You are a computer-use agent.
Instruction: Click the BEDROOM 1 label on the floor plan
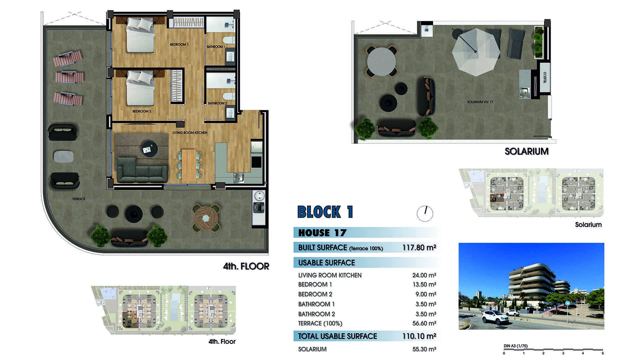(179, 44)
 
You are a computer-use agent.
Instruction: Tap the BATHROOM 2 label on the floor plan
(217, 103)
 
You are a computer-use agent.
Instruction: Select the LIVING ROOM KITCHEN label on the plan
(190, 133)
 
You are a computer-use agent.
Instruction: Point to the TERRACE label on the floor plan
(79, 199)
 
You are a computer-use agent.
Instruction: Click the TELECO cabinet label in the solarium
(545, 78)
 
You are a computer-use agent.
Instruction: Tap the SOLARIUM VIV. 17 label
(480, 102)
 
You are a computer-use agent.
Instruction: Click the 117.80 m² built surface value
(419, 247)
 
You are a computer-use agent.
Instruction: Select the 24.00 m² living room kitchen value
(424, 275)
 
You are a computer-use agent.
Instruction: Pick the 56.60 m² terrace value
(424, 323)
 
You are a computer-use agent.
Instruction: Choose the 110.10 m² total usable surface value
(419, 336)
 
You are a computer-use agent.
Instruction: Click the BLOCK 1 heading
(325, 212)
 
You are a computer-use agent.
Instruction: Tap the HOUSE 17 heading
(322, 233)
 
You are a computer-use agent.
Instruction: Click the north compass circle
(425, 213)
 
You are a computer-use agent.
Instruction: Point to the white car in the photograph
(495, 317)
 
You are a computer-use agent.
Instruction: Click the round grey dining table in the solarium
(381, 62)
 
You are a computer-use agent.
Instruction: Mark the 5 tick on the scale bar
(603, 351)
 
